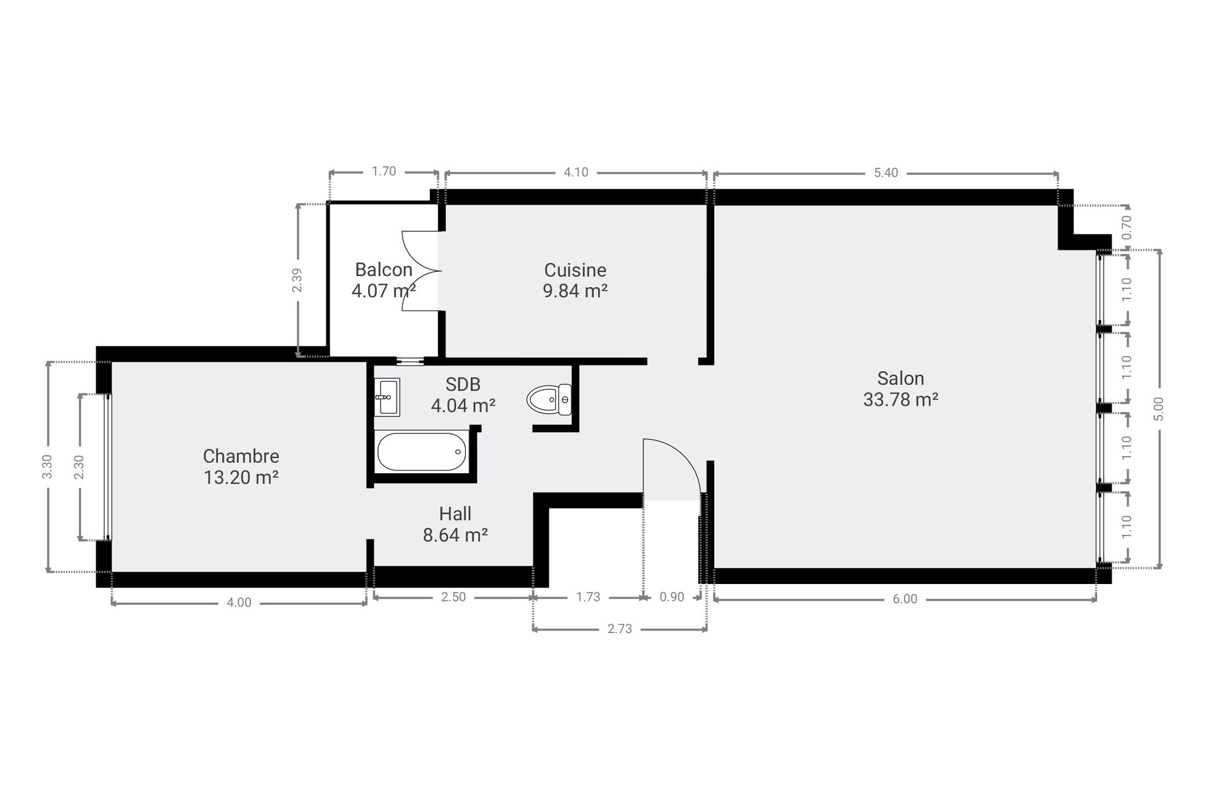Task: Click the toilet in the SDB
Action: [x=549, y=399]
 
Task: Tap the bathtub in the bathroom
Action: [x=422, y=452]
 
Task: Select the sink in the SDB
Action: [x=386, y=397]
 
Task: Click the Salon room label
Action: [x=901, y=379]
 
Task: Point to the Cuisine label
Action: [x=575, y=270]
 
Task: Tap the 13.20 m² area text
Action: [x=241, y=478]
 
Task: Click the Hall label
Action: [x=455, y=514]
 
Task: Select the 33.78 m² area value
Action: [x=901, y=400]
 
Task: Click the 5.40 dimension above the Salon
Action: [x=885, y=173]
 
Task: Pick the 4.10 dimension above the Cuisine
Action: [x=576, y=173]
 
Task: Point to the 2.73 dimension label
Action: [x=619, y=629]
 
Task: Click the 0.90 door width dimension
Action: [x=672, y=597]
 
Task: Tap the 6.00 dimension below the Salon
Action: [x=905, y=599]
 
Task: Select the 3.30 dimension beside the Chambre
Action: [x=47, y=467]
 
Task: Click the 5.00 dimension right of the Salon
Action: [x=1160, y=409]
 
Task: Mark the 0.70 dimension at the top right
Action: [x=1127, y=226]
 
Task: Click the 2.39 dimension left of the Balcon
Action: [x=297, y=280]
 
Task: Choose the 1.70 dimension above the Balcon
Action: [x=384, y=171]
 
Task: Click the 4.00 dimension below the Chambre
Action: [x=239, y=603]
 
